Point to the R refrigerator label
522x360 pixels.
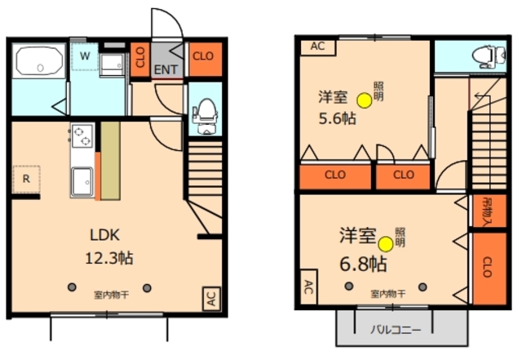point(26,177)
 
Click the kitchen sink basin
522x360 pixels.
point(83,181)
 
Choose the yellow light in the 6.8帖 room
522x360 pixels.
point(385,242)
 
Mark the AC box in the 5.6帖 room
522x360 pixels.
point(317,47)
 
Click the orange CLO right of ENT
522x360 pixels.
point(203,56)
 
